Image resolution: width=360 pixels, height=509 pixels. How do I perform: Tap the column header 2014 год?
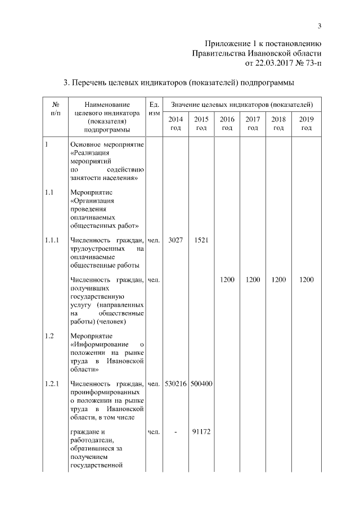point(175,124)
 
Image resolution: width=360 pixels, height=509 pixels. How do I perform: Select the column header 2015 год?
point(201,124)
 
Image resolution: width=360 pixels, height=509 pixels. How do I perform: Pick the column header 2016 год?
point(227,124)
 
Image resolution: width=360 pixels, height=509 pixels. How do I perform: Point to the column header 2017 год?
point(253,124)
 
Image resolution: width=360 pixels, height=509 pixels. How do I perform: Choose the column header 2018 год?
point(278,124)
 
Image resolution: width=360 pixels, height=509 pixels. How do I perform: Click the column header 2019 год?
point(307,124)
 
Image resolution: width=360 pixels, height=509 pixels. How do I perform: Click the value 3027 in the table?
point(175,240)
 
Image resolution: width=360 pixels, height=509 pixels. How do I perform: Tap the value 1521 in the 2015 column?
point(201,240)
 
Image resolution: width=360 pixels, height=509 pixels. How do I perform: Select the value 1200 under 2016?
point(227,280)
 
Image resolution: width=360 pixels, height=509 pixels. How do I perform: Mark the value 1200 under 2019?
point(307,280)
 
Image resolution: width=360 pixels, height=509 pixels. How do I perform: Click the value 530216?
point(175,384)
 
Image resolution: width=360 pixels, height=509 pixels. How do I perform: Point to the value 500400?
point(201,384)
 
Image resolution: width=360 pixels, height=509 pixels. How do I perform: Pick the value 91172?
point(201,432)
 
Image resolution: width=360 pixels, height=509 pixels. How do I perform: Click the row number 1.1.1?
point(52,240)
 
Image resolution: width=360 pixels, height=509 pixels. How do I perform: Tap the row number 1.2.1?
point(52,384)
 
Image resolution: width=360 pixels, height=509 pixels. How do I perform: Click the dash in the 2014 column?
point(175,432)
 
